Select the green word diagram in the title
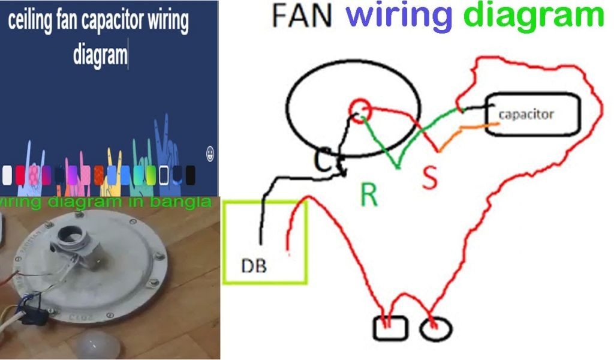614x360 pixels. pos(534,16)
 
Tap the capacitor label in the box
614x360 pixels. pos(526,113)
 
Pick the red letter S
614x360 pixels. pos(430,177)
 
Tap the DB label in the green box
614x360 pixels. pos(254,266)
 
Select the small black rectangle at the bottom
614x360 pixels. pos(390,328)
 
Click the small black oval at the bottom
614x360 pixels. pos(436,329)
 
